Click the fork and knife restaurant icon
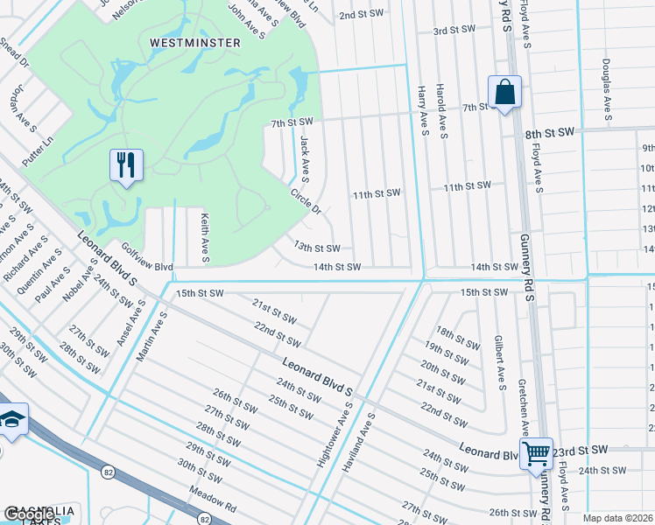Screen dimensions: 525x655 click(127, 164)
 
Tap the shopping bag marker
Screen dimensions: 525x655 click(504, 92)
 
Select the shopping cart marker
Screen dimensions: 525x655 click(536, 454)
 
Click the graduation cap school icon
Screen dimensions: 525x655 click(12, 421)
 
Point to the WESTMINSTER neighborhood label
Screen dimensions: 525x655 click(182, 42)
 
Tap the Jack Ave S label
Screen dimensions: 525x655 click(305, 154)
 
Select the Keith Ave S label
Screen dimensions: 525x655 click(205, 237)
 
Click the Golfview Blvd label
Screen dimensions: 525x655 click(147, 257)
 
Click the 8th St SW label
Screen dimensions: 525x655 click(549, 131)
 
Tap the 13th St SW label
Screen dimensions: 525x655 click(316, 248)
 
